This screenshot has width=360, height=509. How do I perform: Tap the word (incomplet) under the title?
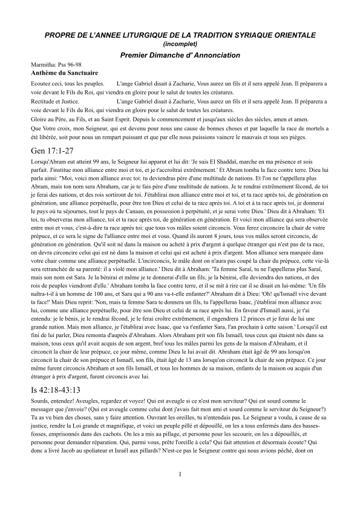pyautogui.click(x=180, y=44)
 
